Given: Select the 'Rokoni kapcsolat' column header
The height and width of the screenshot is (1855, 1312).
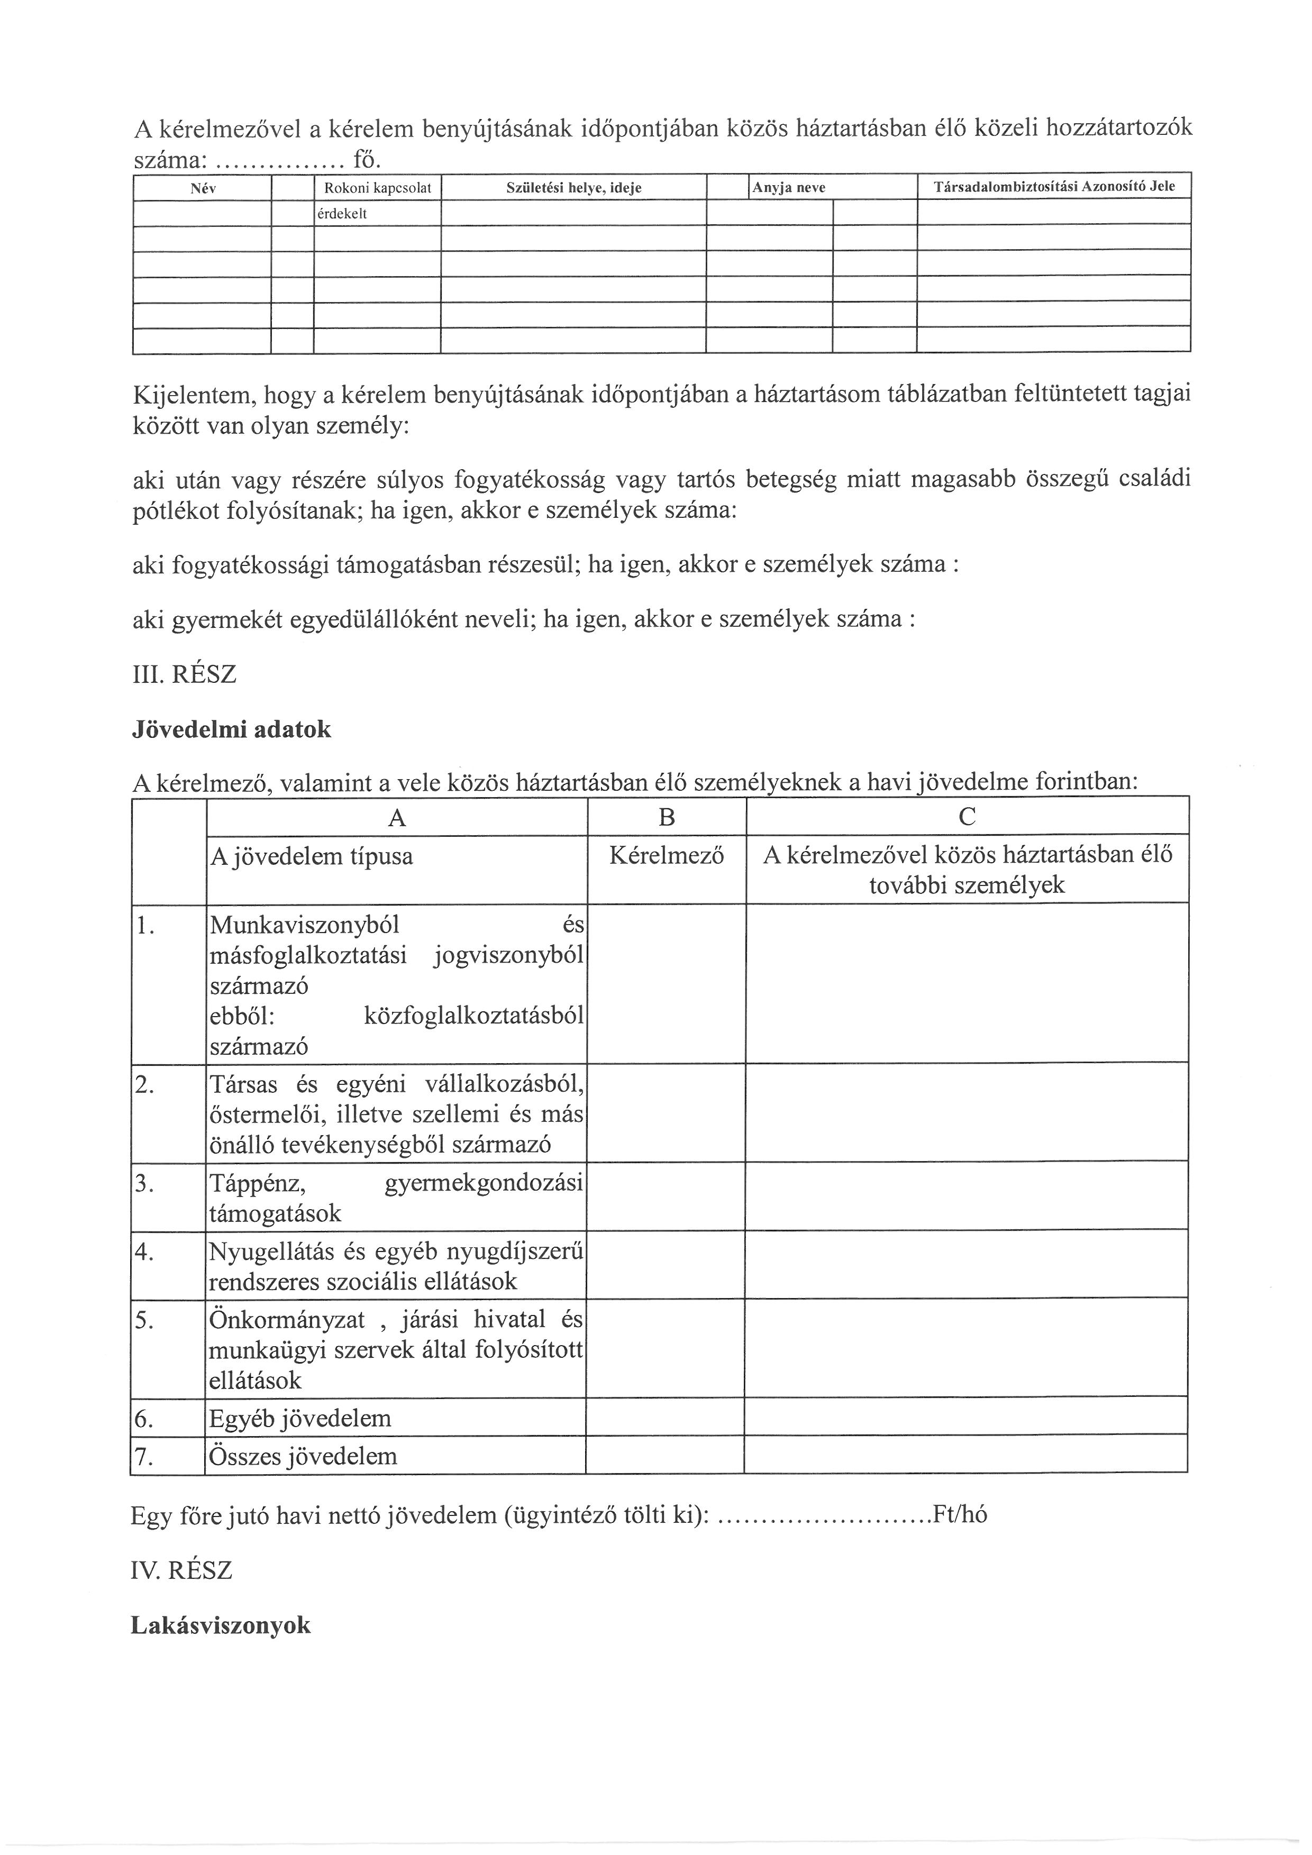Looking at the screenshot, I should [x=377, y=188].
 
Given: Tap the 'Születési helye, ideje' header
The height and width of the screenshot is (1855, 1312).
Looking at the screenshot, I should [x=573, y=188].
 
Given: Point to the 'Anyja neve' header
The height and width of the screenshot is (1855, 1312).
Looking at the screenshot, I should [x=788, y=188].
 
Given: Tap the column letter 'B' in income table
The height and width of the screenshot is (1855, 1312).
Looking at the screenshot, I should [x=667, y=818].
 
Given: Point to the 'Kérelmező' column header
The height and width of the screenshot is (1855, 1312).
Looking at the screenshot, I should [x=667, y=856].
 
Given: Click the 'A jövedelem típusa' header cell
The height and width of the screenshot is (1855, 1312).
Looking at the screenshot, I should [x=311, y=856].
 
